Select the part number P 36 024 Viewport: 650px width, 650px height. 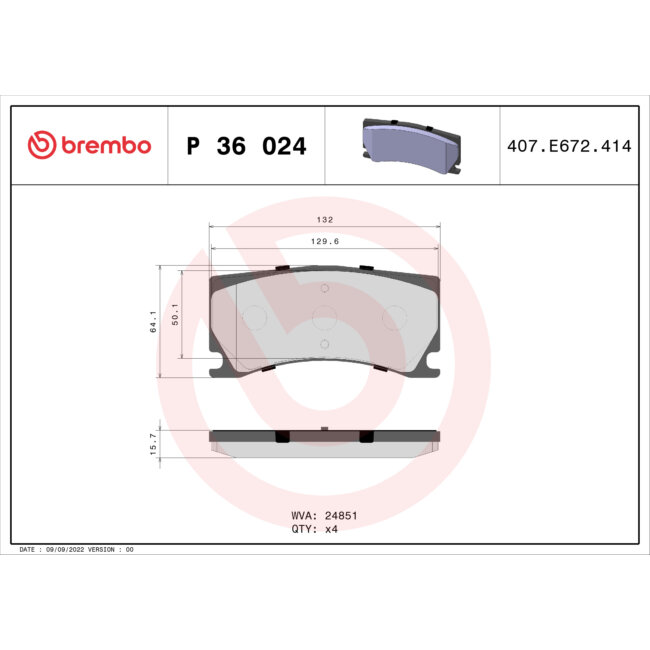coord(246,147)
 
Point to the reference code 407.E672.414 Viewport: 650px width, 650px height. coord(569,146)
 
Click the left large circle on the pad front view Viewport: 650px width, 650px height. coord(253,318)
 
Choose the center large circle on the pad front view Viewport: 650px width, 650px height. coord(324,318)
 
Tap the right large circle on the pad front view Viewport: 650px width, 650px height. coord(395,318)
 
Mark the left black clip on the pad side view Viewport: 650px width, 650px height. coord(282,437)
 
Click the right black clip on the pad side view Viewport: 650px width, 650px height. coord(366,437)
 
